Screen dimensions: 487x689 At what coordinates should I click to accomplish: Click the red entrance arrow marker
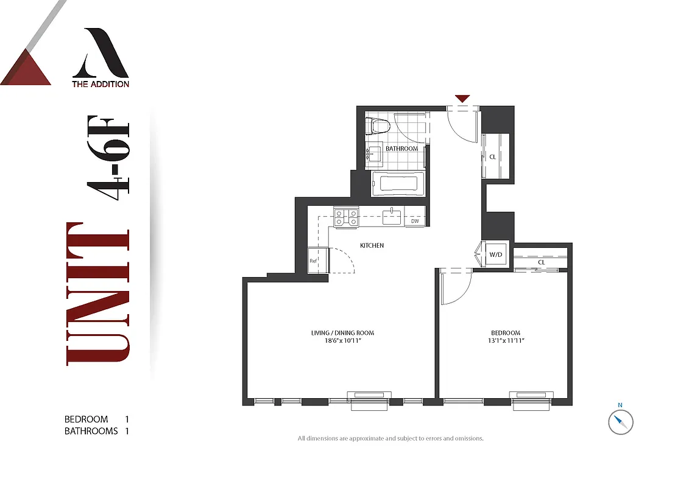[462, 99]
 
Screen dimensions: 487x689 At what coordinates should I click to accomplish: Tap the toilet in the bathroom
[377, 126]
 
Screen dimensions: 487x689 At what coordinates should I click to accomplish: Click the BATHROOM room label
[401, 149]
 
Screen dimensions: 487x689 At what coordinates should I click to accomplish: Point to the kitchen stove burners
[346, 217]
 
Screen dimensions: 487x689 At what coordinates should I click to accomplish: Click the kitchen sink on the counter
[392, 216]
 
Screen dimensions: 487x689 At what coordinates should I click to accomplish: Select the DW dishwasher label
[415, 221]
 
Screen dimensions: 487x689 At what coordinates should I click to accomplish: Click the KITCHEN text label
[372, 245]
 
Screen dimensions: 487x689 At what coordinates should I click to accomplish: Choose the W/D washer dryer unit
[496, 254]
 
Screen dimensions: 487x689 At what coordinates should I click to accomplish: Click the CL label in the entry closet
[493, 157]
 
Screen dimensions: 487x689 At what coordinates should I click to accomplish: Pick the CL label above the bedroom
[541, 262]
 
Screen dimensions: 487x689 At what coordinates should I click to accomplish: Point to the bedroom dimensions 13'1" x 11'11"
[506, 341]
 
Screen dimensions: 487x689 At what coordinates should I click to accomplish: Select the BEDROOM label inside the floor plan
[506, 332]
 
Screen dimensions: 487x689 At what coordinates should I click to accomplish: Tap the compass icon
[621, 421]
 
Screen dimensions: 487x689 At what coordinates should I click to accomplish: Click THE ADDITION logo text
[101, 84]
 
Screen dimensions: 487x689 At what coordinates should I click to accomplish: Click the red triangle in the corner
[26, 68]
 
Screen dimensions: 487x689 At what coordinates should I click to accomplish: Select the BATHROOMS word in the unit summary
[91, 431]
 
